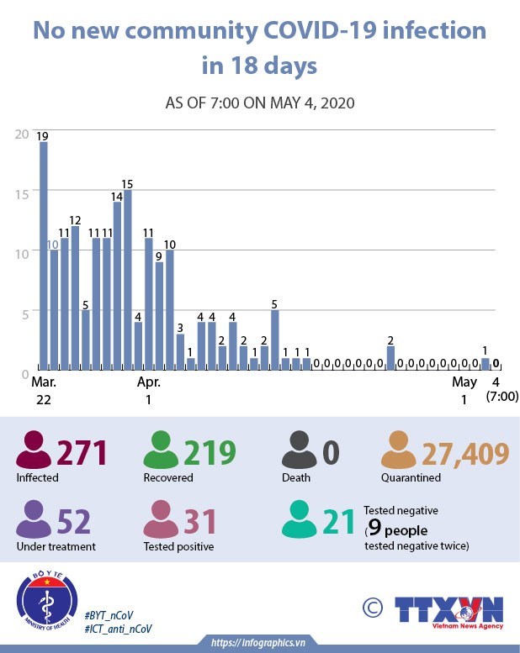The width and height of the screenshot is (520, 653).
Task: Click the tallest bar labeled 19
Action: point(44,255)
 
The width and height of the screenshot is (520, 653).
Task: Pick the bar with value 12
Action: point(75,298)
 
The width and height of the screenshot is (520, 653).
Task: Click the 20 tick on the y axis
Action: point(22,134)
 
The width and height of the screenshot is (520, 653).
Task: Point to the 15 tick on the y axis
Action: point(22,192)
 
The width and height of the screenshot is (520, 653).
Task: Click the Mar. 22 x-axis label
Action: point(44,391)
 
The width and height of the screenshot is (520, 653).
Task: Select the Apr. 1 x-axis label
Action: point(149,391)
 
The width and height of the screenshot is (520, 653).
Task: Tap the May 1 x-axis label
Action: point(464,391)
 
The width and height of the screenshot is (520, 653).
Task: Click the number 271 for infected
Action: point(82,453)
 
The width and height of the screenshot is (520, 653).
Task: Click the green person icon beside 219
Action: point(157,450)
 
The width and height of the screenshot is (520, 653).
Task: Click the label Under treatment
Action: point(56,546)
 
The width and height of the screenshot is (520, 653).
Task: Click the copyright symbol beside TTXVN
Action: point(371,608)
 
